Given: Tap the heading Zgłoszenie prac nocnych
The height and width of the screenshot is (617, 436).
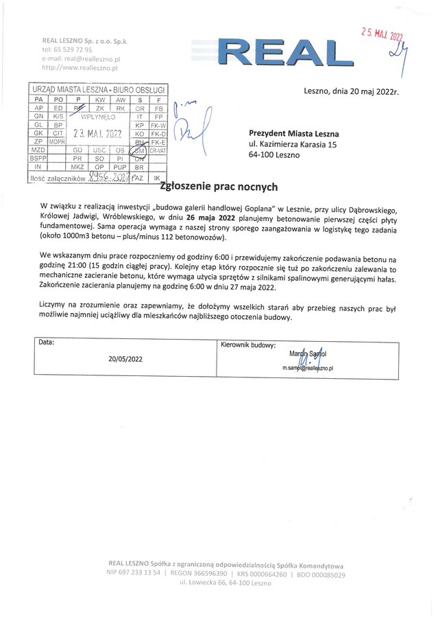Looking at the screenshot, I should [219, 186].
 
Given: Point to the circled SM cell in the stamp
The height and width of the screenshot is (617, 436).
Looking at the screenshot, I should [139, 150].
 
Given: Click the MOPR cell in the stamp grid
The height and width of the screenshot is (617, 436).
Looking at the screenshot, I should [57, 141].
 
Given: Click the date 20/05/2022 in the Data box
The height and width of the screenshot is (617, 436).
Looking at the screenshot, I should [125, 358].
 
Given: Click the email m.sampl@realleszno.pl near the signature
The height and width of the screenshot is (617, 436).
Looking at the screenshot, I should [308, 369].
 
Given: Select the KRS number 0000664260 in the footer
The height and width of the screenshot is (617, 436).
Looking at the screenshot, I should [265, 572].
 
